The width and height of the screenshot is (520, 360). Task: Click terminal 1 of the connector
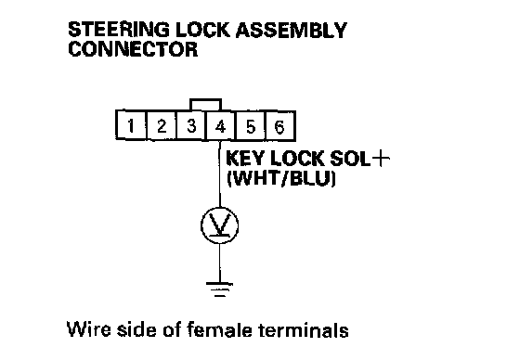tap(131, 125)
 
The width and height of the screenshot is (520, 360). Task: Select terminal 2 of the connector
tap(161, 125)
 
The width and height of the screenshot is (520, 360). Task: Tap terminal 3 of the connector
tap(191, 125)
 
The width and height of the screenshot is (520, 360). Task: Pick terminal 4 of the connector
tap(221, 125)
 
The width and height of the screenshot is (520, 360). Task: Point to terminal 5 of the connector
tap(251, 125)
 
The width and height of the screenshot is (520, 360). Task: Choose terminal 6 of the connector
tap(280, 125)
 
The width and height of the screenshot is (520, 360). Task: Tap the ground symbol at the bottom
tap(219, 289)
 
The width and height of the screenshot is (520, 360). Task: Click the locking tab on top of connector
tap(205, 99)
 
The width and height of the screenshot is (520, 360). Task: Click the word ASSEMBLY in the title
tap(291, 30)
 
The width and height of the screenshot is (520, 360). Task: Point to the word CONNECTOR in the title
tap(133, 49)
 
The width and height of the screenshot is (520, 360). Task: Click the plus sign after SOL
tap(381, 159)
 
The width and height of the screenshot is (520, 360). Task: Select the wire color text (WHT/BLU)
tap(281, 179)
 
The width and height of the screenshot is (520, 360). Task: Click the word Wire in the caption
tap(88, 329)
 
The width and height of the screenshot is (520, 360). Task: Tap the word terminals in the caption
tap(303, 329)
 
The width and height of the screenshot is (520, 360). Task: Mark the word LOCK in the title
tap(202, 30)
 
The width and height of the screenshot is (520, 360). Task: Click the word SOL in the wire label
tap(350, 159)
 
